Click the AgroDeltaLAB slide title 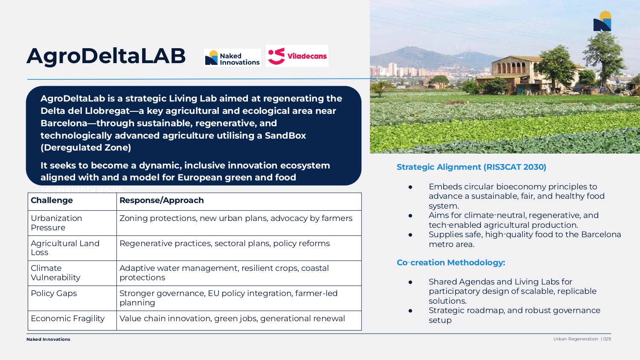point(106,56)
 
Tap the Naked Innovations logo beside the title point(233,58)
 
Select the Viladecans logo point(297,56)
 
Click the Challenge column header point(52,200)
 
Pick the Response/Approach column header point(162,200)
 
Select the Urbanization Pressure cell point(56,223)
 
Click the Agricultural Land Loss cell point(65,248)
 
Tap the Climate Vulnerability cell point(55,273)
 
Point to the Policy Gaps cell point(54,293)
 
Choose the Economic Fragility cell point(67,319)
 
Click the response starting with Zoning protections point(236,218)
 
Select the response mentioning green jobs point(232,319)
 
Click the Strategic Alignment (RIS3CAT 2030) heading point(471,167)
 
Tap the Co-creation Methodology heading point(451,263)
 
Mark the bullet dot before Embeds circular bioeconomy point(410,187)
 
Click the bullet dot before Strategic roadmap point(410,311)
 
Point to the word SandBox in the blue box point(285,136)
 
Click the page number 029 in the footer point(607,339)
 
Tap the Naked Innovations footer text point(48,340)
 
